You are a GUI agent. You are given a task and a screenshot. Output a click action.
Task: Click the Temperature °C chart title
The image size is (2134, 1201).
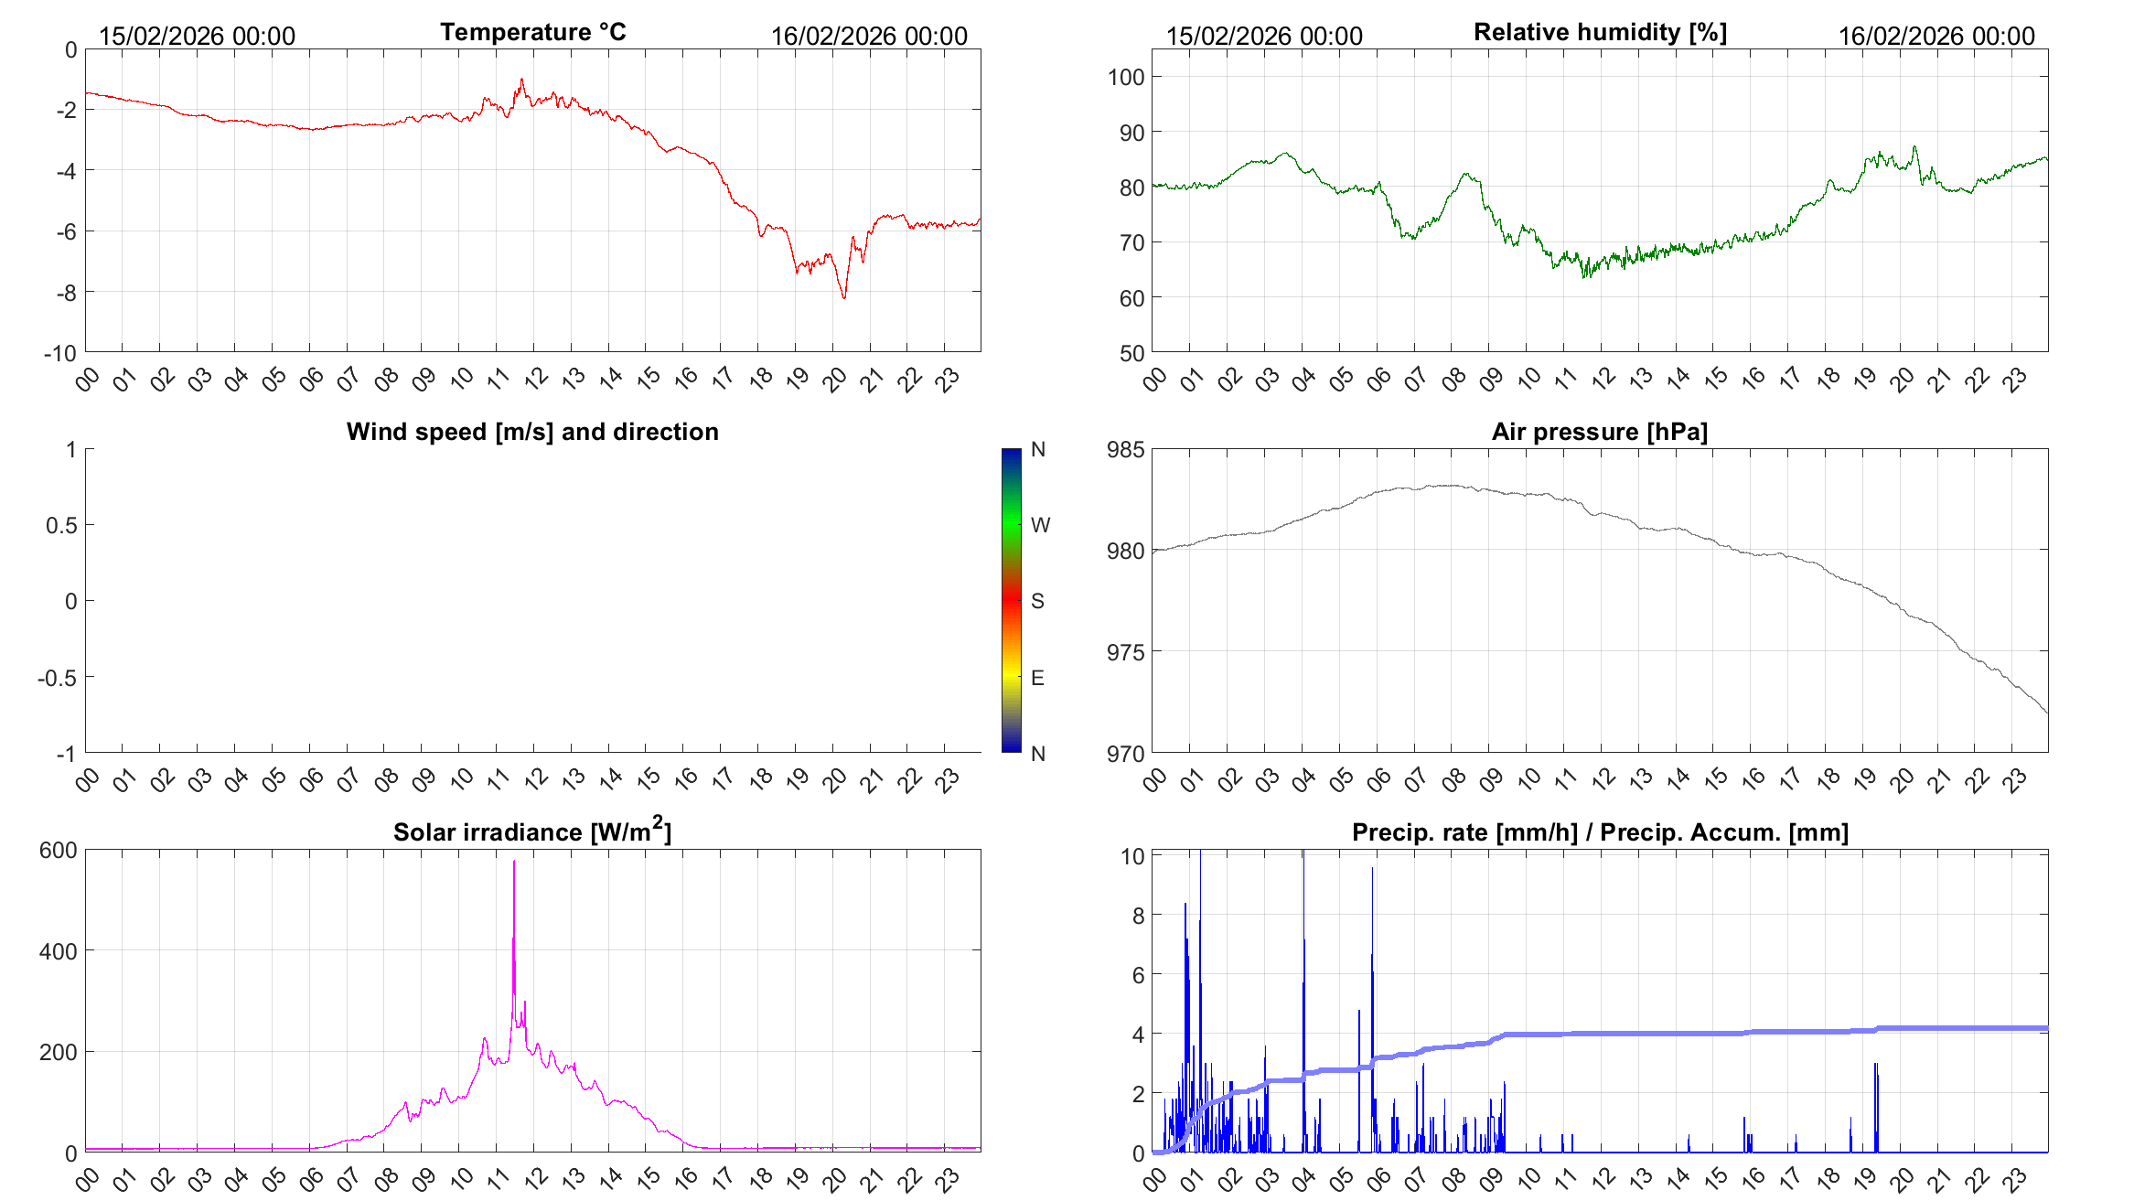tap(532, 32)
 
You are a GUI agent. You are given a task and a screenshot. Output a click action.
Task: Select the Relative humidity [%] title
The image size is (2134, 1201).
tap(1600, 32)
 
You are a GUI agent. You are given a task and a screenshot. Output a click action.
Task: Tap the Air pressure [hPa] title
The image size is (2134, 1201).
tap(1599, 432)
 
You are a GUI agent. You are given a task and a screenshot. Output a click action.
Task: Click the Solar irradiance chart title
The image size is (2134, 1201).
tap(532, 831)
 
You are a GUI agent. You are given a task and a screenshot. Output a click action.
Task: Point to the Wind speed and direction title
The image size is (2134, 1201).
tap(532, 432)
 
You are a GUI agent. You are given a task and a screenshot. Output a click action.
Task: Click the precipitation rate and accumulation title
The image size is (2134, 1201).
tap(1600, 832)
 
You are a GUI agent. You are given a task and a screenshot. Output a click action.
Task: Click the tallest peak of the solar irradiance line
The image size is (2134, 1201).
tap(514, 862)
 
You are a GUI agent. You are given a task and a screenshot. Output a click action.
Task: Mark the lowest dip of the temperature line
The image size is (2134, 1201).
tap(844, 297)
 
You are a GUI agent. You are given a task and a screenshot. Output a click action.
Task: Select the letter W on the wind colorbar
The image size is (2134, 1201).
tap(1040, 525)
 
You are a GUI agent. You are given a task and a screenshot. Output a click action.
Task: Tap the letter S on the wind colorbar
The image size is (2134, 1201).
tap(1037, 601)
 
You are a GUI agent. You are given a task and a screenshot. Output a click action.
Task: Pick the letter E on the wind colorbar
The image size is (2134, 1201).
tap(1037, 678)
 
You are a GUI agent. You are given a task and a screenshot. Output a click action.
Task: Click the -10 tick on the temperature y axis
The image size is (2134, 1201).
tap(60, 353)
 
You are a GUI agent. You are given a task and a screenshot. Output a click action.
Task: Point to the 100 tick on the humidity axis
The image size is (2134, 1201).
tap(1126, 77)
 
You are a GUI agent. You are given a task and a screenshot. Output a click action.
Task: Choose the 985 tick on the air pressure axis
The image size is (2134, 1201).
tap(1126, 449)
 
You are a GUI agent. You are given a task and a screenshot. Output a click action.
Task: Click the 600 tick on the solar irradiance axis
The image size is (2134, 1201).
tap(59, 850)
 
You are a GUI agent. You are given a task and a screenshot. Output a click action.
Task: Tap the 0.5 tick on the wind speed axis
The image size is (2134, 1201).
tap(61, 525)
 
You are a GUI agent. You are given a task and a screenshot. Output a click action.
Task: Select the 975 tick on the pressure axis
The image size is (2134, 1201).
tap(1126, 652)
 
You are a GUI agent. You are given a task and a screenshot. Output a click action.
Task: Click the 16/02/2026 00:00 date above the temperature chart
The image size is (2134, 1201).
tap(869, 36)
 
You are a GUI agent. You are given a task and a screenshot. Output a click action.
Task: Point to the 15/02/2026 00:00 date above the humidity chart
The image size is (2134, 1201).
tap(1264, 36)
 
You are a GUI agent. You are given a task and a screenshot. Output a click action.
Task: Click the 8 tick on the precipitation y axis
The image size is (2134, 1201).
tap(1138, 916)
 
